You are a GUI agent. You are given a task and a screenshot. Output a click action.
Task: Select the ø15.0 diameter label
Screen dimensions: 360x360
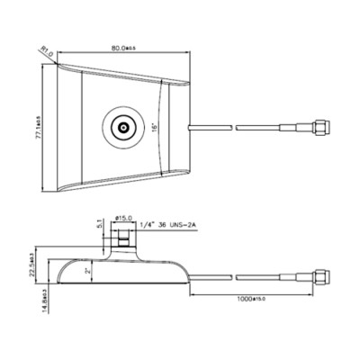point(124,219)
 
